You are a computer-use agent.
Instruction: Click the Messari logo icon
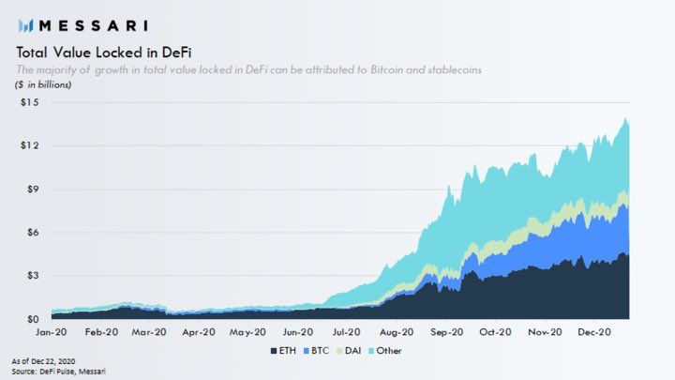point(25,24)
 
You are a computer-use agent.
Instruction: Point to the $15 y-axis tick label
point(30,102)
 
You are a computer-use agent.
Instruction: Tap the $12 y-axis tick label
point(30,145)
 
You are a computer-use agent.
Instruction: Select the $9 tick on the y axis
point(33,189)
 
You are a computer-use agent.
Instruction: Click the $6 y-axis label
point(33,232)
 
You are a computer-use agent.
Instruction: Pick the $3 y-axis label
point(33,276)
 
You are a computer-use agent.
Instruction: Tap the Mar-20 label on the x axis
point(150,332)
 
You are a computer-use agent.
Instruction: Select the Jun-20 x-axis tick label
point(298,332)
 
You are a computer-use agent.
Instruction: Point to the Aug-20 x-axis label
point(397,332)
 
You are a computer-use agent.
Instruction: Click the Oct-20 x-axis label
point(496,332)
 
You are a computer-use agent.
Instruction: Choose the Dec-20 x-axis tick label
point(594,332)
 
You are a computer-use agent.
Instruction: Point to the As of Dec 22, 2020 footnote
point(45,361)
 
